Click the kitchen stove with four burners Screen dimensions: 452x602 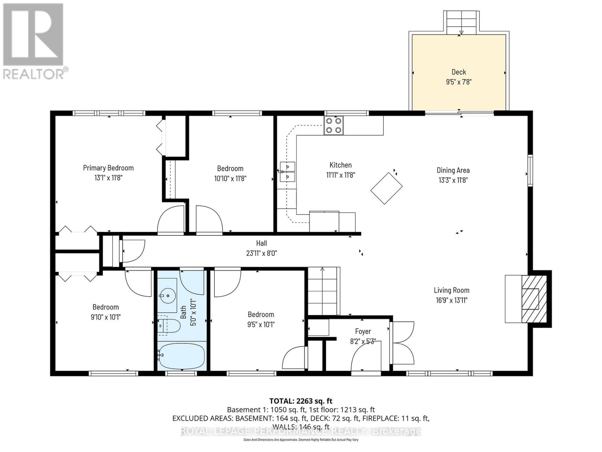pyautogui.click(x=333, y=125)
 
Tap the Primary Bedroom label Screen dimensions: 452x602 pyautogui.click(x=108, y=168)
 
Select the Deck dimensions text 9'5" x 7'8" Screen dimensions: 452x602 pyautogui.click(x=459, y=82)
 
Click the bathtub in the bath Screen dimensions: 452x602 pyautogui.click(x=181, y=356)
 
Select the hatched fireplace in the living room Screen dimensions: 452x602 pyautogui.click(x=534, y=298)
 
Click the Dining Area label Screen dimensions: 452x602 pyautogui.click(x=453, y=170)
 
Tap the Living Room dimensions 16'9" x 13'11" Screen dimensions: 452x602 pyautogui.click(x=451, y=300)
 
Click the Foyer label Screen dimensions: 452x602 pyautogui.click(x=363, y=331)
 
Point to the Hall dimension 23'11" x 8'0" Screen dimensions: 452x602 pyautogui.click(x=261, y=253)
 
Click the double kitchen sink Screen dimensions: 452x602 pyautogui.click(x=287, y=171)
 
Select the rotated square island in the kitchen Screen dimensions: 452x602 pyautogui.click(x=386, y=188)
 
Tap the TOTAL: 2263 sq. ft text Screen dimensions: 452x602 pyautogui.click(x=301, y=401)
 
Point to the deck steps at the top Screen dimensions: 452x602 pyautogui.click(x=461, y=22)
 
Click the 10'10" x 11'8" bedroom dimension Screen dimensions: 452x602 pyautogui.click(x=230, y=179)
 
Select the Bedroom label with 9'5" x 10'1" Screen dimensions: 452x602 pyautogui.click(x=261, y=315)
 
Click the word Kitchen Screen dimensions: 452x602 pyautogui.click(x=341, y=165)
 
